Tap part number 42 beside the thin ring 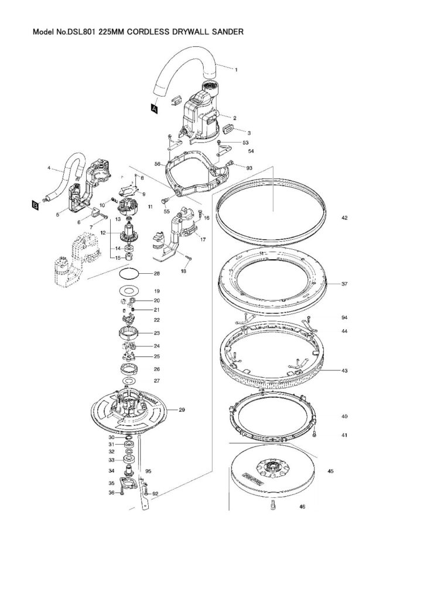(x=344, y=218)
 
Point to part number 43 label (x=344, y=371)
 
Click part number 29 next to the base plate (x=182, y=410)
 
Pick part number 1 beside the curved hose (x=236, y=70)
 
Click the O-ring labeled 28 (x=132, y=274)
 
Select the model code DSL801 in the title (x=83, y=33)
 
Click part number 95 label (x=148, y=471)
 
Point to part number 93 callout (x=249, y=168)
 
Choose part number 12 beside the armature (x=102, y=233)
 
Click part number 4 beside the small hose (x=49, y=168)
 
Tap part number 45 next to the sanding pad (x=331, y=471)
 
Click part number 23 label (x=157, y=333)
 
